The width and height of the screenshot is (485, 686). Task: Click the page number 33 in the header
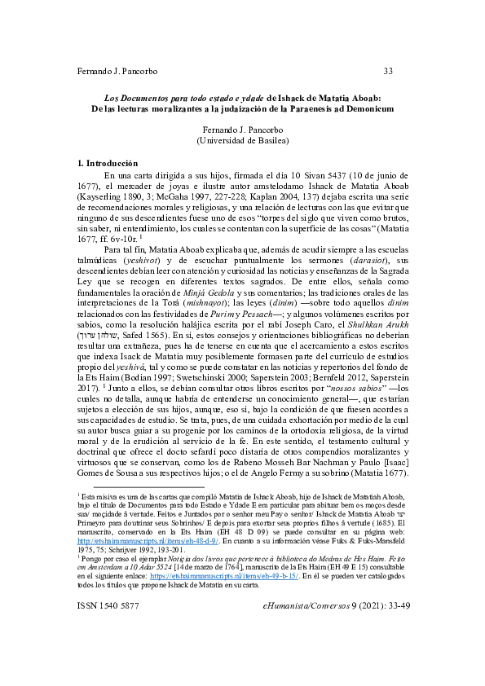coord(388,71)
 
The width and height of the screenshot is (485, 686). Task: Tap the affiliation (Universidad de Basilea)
coord(243,140)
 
